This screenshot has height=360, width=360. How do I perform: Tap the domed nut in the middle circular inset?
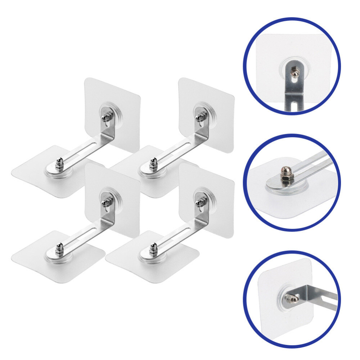(x=286, y=170)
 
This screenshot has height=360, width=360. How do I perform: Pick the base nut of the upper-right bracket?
(x=153, y=163)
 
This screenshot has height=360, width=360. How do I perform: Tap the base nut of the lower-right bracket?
(x=153, y=249)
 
